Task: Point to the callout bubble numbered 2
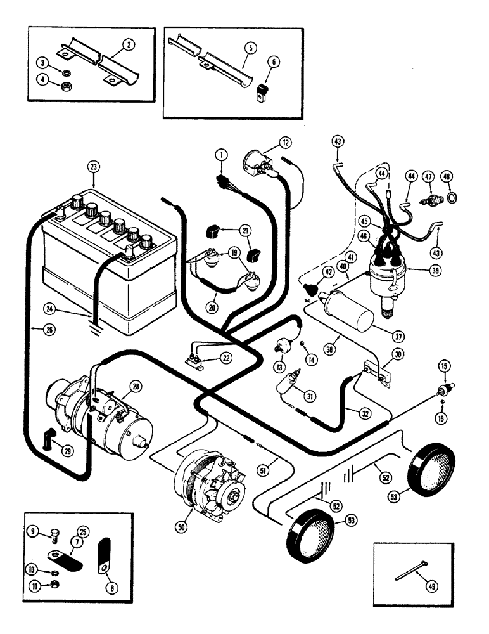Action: tap(129, 44)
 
